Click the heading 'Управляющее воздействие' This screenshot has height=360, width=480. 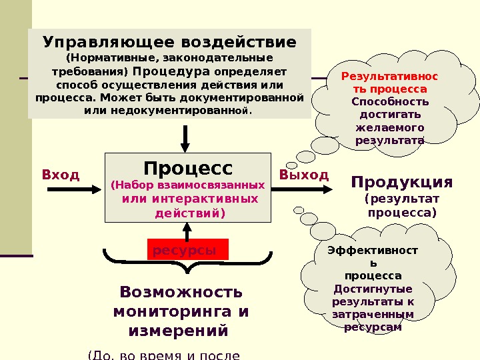[x=169, y=43]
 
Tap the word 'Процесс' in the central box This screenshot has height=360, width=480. [x=189, y=167]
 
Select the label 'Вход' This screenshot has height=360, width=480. [x=61, y=175]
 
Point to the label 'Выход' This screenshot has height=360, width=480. [x=304, y=175]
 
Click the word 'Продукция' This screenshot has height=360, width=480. [x=401, y=183]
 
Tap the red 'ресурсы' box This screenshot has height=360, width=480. [x=187, y=250]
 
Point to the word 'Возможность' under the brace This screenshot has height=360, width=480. [x=181, y=292]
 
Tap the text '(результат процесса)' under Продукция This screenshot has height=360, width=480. [x=402, y=205]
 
